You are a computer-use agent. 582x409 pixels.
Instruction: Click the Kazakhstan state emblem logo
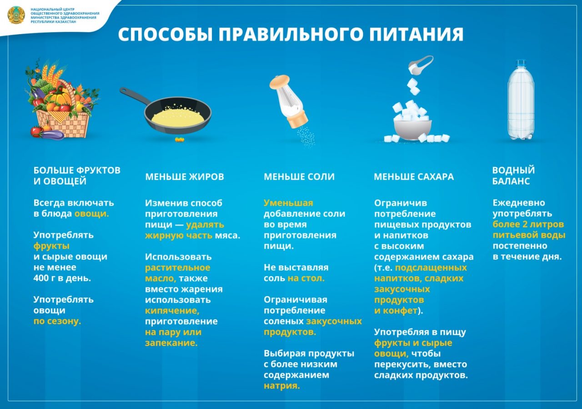coord(16,15)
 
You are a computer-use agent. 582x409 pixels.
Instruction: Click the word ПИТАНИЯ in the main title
coord(416,34)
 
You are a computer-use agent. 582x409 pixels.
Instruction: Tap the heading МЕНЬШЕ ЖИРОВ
coord(185,177)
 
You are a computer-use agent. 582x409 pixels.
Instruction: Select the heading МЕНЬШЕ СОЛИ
coord(299,177)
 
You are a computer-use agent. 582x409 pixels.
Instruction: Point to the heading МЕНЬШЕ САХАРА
coord(414,177)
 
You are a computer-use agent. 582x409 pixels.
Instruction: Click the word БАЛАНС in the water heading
coord(511,181)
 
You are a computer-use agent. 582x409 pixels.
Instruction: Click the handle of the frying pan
coord(135,97)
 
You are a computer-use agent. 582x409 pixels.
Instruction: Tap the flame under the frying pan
coord(180,140)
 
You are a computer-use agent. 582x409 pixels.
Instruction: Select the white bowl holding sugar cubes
coord(412,130)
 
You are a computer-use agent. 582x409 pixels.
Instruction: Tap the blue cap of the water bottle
coord(521,63)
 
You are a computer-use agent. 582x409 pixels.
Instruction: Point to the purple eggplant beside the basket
coord(53,135)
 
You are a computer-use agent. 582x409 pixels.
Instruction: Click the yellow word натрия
coord(281,386)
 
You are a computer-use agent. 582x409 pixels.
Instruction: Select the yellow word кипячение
coord(172,310)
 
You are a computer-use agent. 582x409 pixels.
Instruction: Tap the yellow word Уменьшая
coord(288,203)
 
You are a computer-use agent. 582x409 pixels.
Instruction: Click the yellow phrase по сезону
coord(57,321)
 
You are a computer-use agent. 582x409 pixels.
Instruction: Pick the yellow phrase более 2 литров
coord(528,224)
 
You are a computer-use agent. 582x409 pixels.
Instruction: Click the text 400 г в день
coord(62,278)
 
